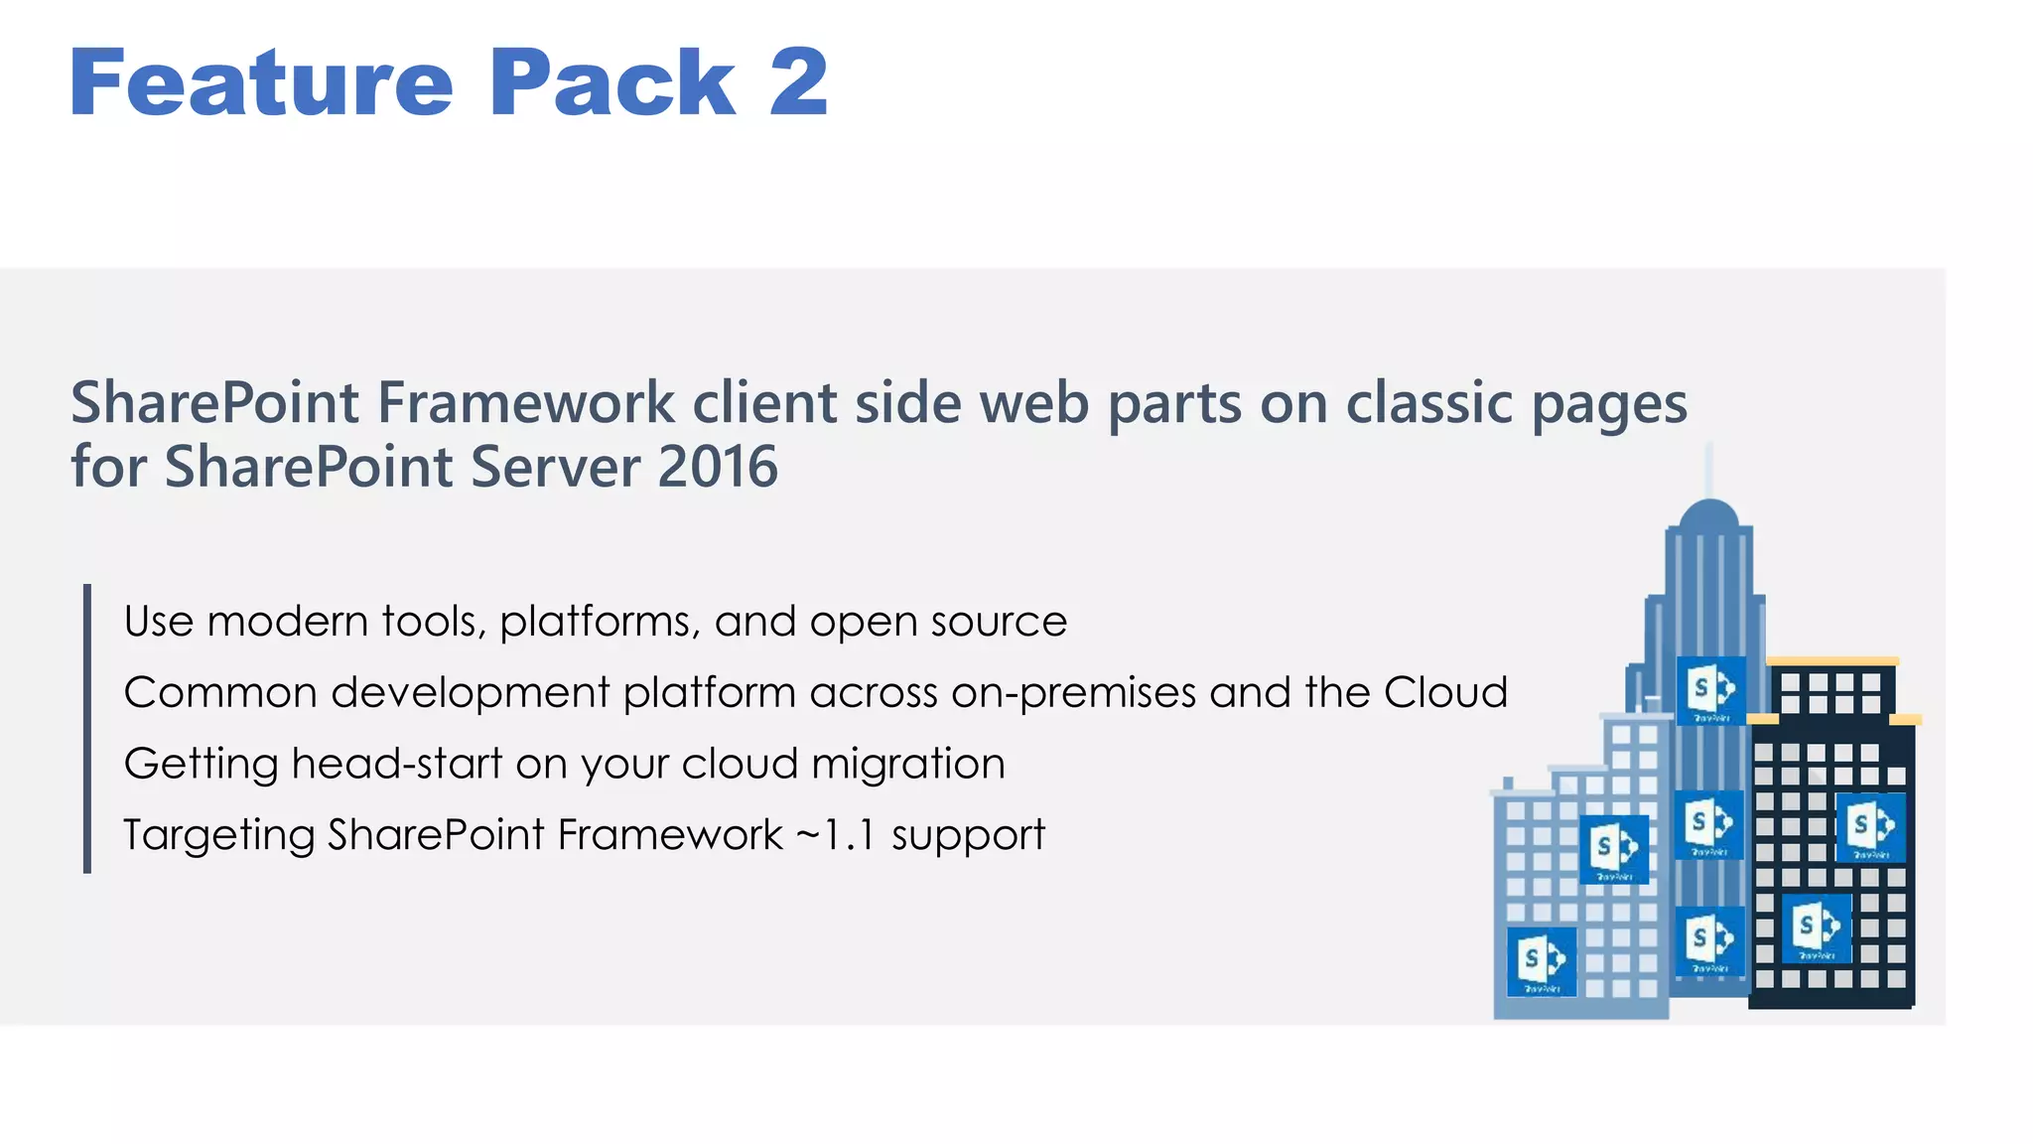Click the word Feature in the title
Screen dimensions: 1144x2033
(x=261, y=83)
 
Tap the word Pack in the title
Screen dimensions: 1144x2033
(x=611, y=83)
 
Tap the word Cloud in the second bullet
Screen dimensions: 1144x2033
(x=1445, y=692)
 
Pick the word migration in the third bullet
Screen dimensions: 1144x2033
(x=907, y=764)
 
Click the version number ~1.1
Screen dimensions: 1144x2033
(x=837, y=835)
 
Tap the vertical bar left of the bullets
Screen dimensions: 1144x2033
(x=87, y=729)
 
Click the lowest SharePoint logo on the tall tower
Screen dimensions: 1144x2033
(x=1710, y=939)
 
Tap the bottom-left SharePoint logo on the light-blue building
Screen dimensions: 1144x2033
(x=1542, y=960)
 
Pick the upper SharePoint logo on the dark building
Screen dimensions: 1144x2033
(x=1871, y=826)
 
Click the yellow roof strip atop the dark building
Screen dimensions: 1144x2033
(x=1832, y=661)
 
